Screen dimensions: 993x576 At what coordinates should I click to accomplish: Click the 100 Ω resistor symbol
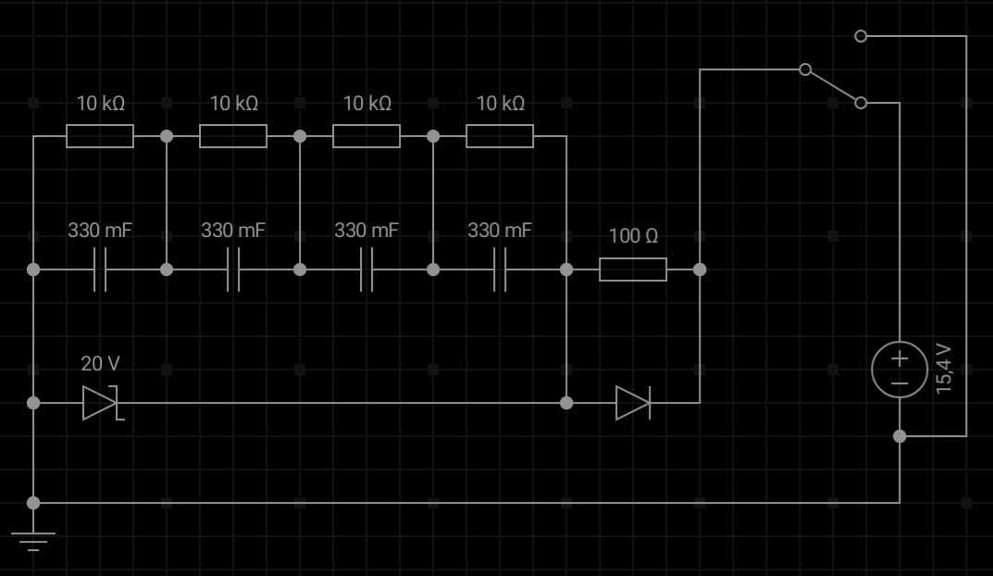pyautogui.click(x=633, y=269)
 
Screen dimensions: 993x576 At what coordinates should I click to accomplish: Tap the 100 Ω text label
pyautogui.click(x=633, y=236)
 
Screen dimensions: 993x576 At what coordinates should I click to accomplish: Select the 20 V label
pyautogui.click(x=100, y=364)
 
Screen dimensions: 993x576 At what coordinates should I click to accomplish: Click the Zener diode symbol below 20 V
pyautogui.click(x=100, y=403)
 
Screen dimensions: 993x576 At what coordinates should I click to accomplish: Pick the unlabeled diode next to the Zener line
pyautogui.click(x=633, y=403)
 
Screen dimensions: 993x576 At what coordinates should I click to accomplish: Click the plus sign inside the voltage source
pyautogui.click(x=900, y=359)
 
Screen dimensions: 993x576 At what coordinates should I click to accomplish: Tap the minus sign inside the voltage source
pyautogui.click(x=900, y=382)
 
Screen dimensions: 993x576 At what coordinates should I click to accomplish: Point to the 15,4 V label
pyautogui.click(x=944, y=369)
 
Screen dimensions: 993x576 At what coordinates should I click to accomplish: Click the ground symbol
pyautogui.click(x=33, y=542)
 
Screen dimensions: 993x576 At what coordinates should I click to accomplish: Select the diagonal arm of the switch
pyautogui.click(x=833, y=86)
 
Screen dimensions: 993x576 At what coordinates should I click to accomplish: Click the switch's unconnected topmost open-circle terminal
pyautogui.click(x=860, y=36)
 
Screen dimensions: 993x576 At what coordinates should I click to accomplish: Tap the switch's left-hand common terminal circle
pyautogui.click(x=805, y=69)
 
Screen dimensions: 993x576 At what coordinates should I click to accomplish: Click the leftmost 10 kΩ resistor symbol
pyautogui.click(x=100, y=136)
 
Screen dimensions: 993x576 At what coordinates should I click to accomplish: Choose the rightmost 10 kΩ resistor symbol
pyautogui.click(x=500, y=136)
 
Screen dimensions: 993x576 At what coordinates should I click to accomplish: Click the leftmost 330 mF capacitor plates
pyautogui.click(x=100, y=269)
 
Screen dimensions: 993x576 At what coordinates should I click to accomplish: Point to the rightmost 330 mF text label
pyautogui.click(x=500, y=230)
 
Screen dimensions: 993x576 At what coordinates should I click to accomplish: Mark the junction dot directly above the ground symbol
pyautogui.click(x=33, y=503)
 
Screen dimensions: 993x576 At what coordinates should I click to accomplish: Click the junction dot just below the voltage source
pyautogui.click(x=900, y=436)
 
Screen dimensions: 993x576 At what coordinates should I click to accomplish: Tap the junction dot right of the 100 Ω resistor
pyautogui.click(x=700, y=269)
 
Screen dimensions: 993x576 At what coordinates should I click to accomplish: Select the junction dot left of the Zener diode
pyautogui.click(x=33, y=403)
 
